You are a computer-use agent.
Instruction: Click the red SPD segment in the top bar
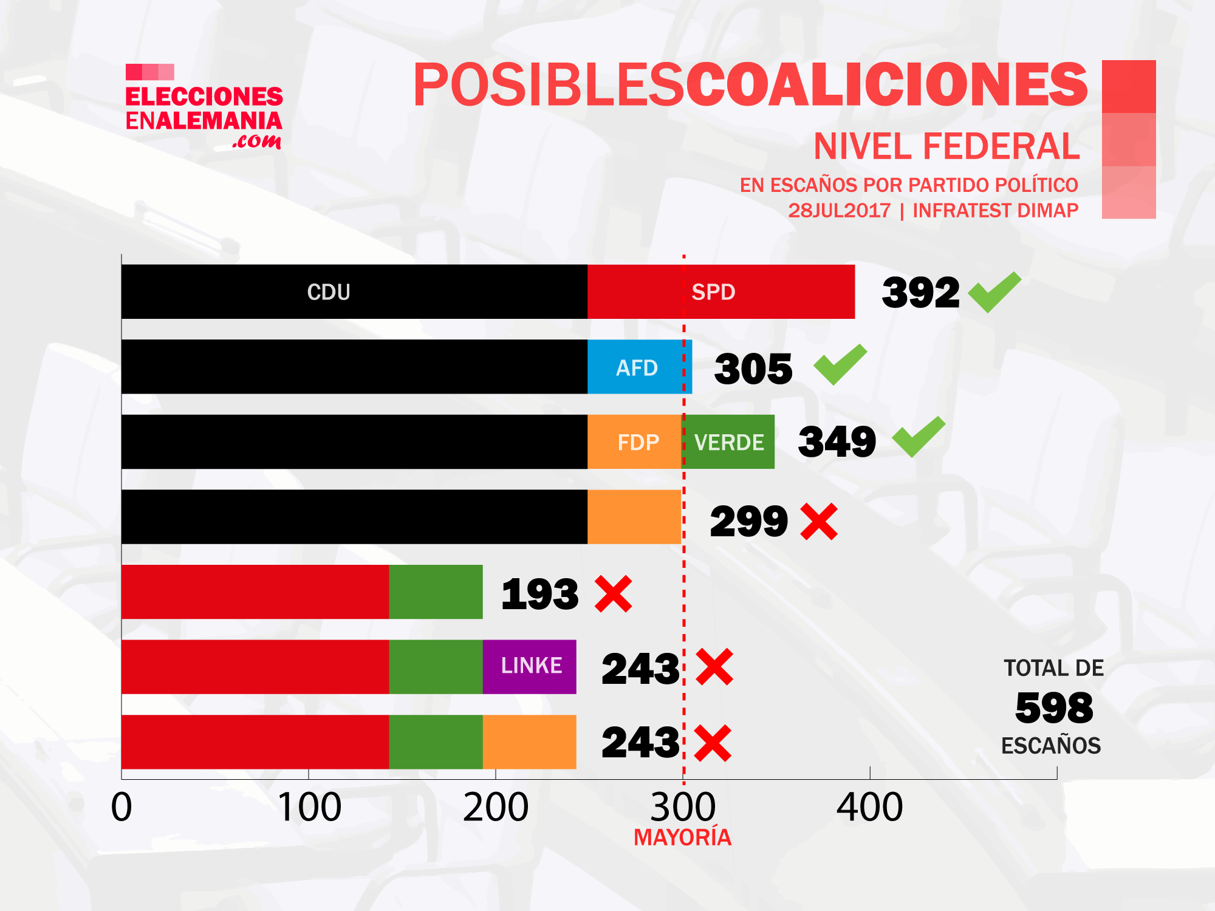(720, 292)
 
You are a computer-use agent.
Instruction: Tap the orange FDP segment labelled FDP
(635, 442)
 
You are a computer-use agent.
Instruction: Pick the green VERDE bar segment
(728, 442)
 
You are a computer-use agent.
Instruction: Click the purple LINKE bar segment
(530, 666)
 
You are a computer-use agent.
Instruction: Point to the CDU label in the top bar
(329, 292)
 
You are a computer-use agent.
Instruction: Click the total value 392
(920, 293)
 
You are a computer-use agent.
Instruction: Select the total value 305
(753, 369)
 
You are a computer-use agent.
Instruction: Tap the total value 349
(837, 442)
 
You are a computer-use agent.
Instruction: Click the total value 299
(748, 522)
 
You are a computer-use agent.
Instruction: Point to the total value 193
(539, 594)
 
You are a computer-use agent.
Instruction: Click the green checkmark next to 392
(994, 292)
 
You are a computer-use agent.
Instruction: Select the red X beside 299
(819, 522)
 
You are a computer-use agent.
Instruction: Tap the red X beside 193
(614, 594)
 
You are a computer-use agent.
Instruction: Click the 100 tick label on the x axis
(309, 808)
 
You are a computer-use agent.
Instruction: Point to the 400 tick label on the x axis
(869, 808)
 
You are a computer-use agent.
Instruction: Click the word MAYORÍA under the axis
(682, 838)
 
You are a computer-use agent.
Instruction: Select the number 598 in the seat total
(1054, 708)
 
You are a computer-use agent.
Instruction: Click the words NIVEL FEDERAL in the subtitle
(946, 146)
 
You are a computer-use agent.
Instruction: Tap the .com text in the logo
(257, 142)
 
